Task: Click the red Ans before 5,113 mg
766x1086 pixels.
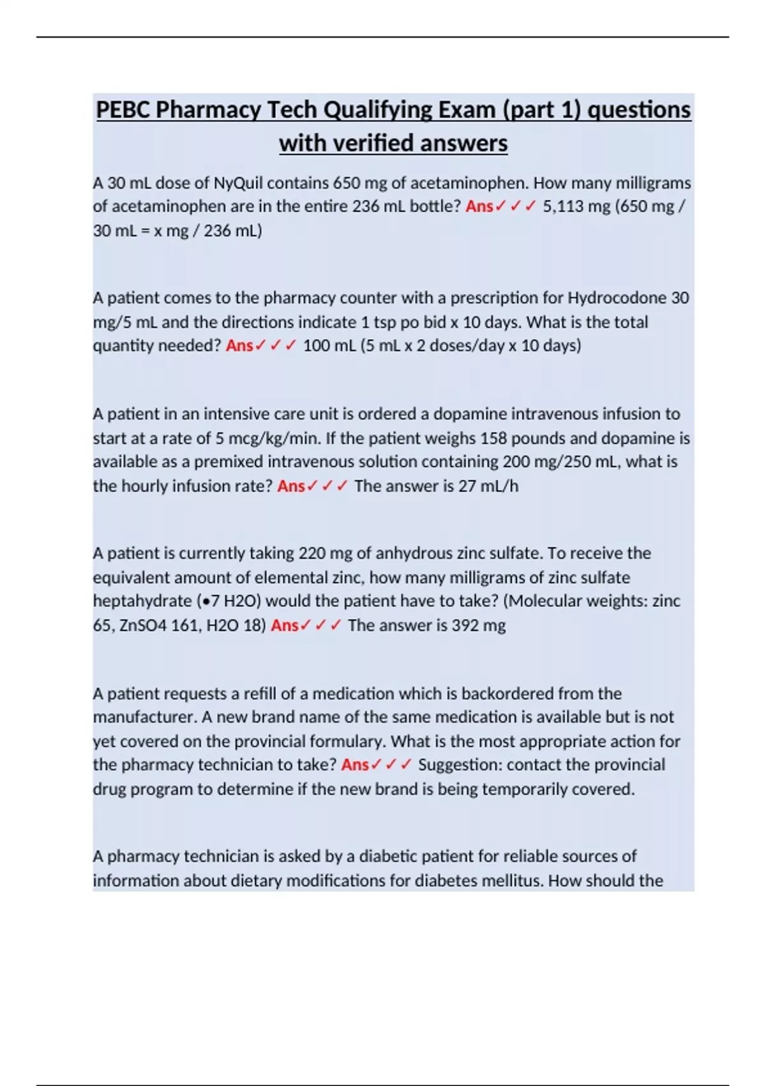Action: click(479, 206)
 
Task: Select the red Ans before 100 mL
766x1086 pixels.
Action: click(239, 346)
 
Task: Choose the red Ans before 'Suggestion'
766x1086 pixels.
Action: click(355, 765)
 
